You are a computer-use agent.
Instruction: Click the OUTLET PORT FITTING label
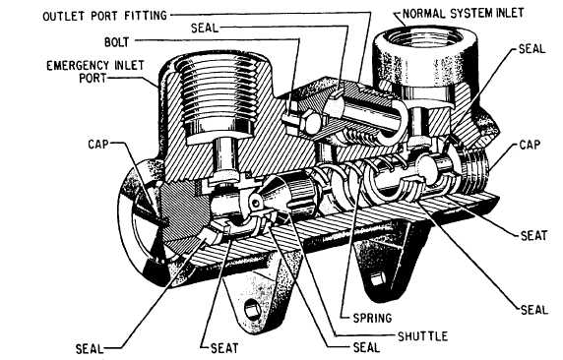click(105, 16)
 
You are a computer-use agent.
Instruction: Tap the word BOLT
click(116, 42)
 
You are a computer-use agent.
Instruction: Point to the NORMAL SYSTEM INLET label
click(463, 14)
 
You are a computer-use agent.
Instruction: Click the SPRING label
click(372, 318)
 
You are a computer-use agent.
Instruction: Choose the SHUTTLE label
click(422, 336)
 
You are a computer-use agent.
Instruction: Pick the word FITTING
click(146, 16)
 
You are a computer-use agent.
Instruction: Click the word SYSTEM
click(471, 14)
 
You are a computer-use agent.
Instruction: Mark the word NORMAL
click(424, 14)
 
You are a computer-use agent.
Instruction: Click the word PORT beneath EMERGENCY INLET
click(93, 78)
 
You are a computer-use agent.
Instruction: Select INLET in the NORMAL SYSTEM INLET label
click(510, 14)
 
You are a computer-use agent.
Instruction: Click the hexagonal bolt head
click(308, 122)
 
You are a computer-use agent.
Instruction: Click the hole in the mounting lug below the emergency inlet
click(252, 309)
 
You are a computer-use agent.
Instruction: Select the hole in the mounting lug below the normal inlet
click(377, 278)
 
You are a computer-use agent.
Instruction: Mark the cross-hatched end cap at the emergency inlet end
click(184, 212)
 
